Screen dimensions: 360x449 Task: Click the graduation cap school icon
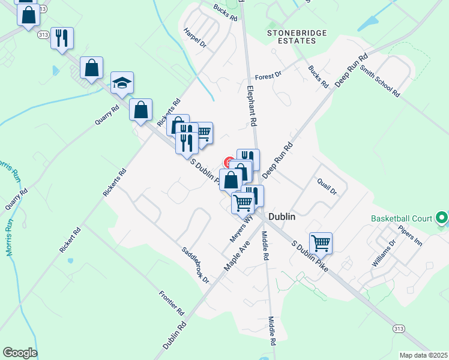point(122,83)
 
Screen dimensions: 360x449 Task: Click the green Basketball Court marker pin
point(442,218)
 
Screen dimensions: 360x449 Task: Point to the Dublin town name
point(282,217)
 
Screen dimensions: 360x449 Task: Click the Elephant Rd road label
point(252,105)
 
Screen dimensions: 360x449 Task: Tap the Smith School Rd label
point(379,81)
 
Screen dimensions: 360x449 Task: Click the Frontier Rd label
point(171,303)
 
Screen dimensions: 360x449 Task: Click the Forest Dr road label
point(268,76)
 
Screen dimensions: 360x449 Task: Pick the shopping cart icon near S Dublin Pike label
point(321,242)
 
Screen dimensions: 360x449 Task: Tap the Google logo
point(20,353)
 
